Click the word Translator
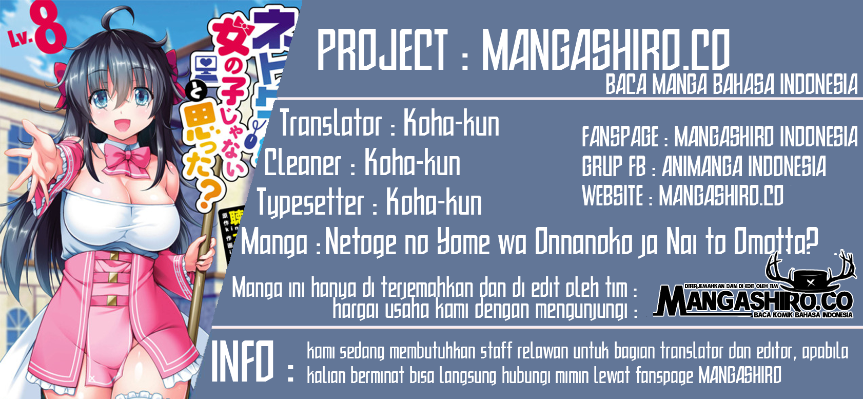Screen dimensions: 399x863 click(x=330, y=124)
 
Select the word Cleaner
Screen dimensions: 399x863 click(x=303, y=163)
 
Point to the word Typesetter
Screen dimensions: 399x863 click(x=310, y=202)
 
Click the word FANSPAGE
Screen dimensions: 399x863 click(x=620, y=137)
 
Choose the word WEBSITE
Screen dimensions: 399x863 click(x=613, y=196)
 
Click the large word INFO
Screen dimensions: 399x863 click(x=243, y=362)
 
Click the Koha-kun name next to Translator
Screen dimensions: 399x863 click(x=451, y=124)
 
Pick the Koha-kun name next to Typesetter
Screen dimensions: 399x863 click(x=434, y=202)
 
